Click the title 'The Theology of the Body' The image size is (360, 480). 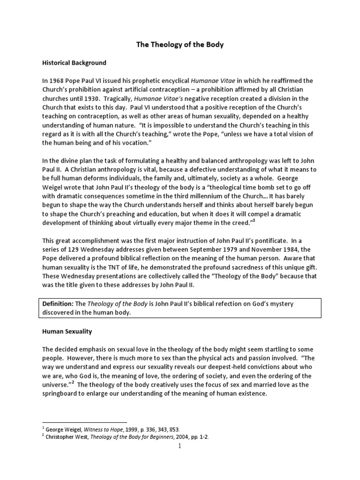point(180,45)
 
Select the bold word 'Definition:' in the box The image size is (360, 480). point(60,304)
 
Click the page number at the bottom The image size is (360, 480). point(180,446)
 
